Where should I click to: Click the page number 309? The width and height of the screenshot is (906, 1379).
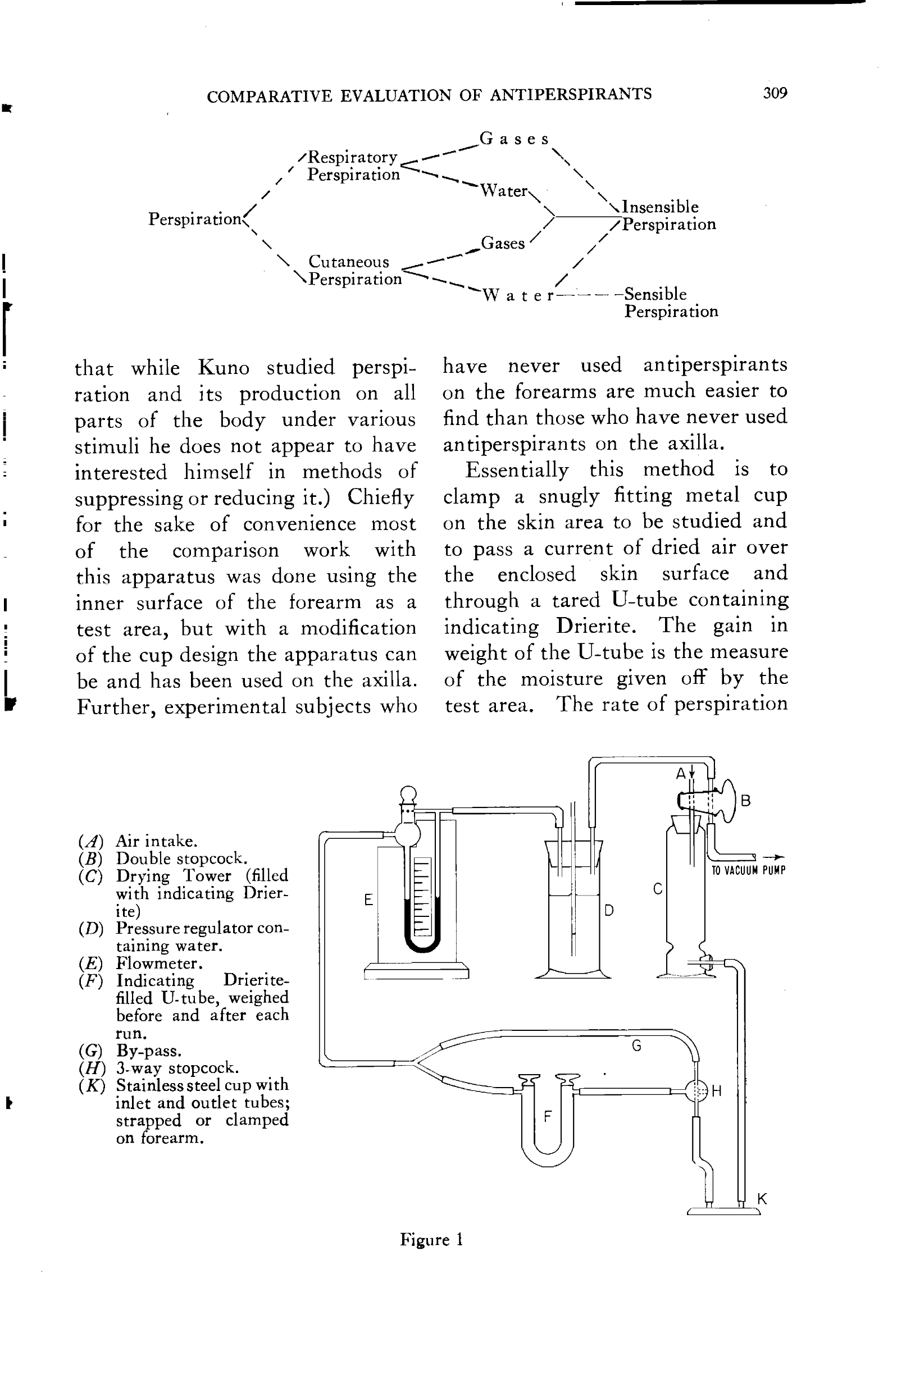(x=775, y=93)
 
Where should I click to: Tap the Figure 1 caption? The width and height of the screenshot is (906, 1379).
(x=431, y=1239)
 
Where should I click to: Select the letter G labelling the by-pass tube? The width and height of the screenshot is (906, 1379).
(x=636, y=1045)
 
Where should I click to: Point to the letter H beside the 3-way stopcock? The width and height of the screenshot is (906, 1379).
(x=717, y=1091)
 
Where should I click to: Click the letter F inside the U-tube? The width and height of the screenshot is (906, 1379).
(x=547, y=1116)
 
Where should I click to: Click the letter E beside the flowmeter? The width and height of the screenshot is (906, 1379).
(x=368, y=900)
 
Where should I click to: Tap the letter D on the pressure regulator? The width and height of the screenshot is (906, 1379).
(x=609, y=910)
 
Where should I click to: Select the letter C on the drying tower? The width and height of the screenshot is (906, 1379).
(x=657, y=888)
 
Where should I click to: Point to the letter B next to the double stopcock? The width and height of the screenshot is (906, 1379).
(x=746, y=800)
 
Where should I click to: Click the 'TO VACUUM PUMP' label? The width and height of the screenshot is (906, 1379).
(x=748, y=870)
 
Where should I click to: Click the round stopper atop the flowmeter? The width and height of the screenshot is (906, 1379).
(x=409, y=793)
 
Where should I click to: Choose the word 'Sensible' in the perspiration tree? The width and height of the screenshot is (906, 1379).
(x=655, y=294)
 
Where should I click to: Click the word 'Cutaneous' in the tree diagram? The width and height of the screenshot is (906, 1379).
(x=348, y=261)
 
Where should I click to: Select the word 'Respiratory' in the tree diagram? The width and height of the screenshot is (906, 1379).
(x=352, y=157)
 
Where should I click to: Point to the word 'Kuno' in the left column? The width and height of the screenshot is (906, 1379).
(x=224, y=367)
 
